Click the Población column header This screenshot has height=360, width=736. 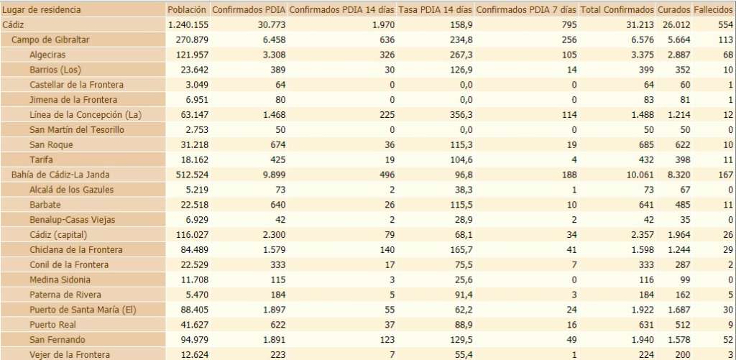187,10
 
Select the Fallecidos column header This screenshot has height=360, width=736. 714,10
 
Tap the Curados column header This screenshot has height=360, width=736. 673,10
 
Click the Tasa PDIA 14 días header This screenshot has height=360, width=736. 436,10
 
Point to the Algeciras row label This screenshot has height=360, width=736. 49,55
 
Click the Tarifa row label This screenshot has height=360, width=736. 42,160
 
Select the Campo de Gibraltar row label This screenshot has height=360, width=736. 50,40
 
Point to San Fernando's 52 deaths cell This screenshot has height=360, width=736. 727,340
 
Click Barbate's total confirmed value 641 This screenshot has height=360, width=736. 644,205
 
